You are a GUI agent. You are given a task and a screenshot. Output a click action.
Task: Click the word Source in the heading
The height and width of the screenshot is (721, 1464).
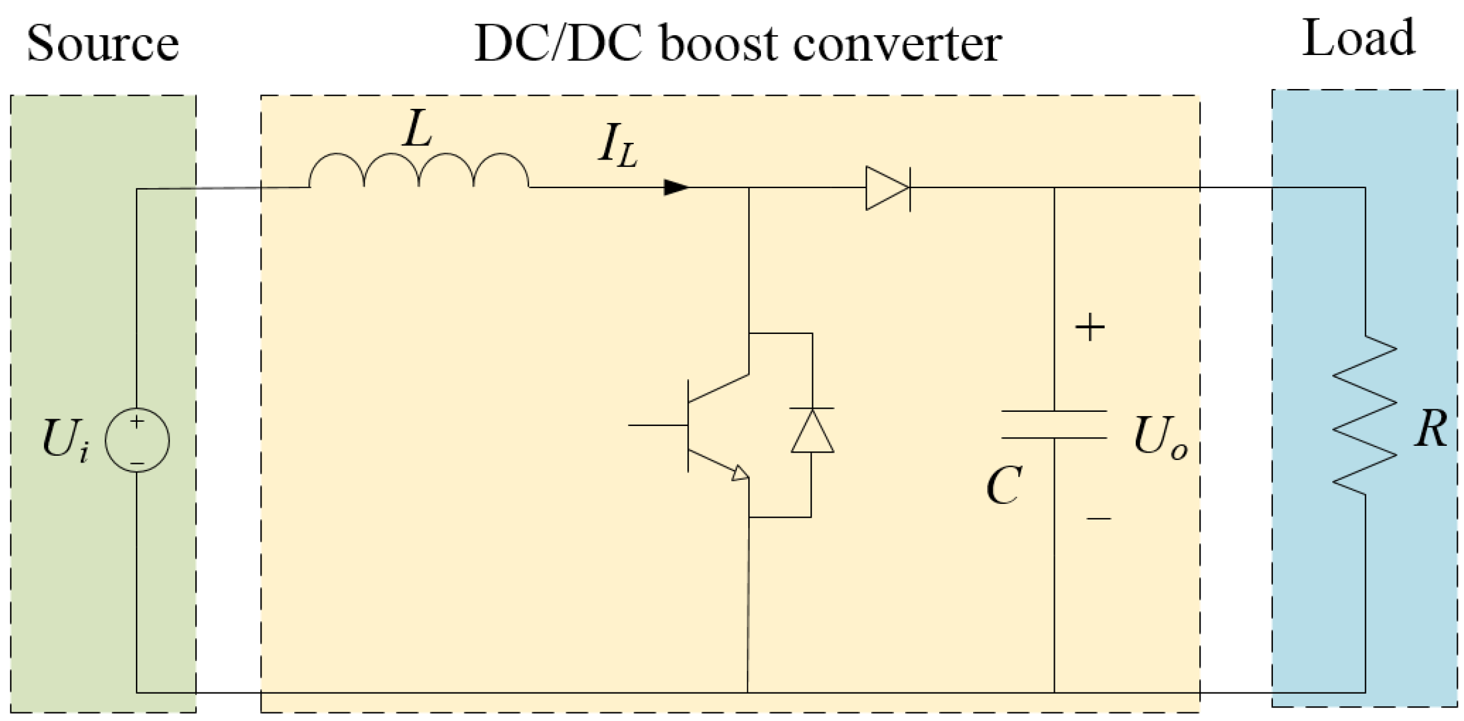[x=103, y=44]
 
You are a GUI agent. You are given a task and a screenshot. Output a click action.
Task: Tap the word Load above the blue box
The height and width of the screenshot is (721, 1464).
[x=1358, y=38]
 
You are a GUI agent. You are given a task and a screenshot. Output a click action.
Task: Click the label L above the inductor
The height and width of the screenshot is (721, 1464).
[x=417, y=129]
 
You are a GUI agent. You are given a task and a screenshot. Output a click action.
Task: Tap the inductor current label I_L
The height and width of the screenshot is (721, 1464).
[x=617, y=146]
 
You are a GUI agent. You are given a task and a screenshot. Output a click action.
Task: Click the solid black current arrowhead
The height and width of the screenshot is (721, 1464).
[x=675, y=187]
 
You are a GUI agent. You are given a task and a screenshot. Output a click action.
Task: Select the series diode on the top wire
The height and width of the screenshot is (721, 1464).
[x=888, y=188]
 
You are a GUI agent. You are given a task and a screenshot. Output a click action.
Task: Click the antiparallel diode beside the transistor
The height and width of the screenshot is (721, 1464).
[x=812, y=430]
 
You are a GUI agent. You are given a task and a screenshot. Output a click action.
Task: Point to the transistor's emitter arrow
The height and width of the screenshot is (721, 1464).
[x=740, y=474]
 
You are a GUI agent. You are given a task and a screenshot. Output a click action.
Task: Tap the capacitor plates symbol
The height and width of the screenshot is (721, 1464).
[x=1053, y=425]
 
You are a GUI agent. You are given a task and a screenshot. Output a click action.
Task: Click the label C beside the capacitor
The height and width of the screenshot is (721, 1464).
[x=1003, y=486]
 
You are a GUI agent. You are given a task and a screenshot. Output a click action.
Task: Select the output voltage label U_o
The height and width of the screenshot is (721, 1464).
[x=1159, y=438]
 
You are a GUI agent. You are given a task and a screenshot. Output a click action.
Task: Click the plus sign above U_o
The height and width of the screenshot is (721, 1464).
[x=1090, y=327]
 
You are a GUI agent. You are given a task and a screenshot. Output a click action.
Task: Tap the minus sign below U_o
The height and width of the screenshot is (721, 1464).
[x=1099, y=518]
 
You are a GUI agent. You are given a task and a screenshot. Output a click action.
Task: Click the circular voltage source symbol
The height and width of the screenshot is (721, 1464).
[x=137, y=440]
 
